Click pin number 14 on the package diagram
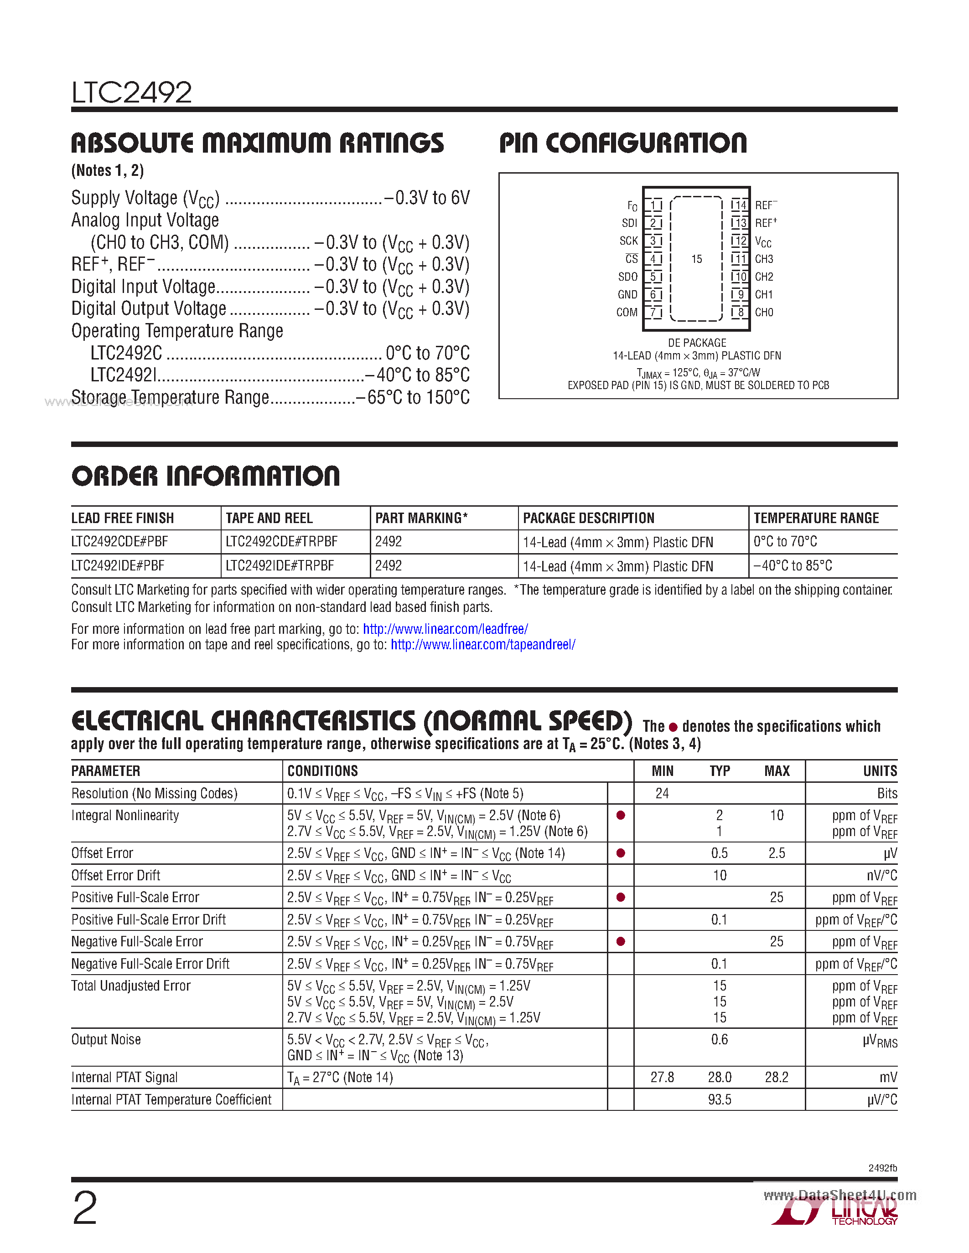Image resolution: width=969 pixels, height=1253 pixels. point(741,205)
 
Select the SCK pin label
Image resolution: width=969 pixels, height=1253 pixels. point(628,241)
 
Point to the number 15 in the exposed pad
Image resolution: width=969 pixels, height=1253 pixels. point(696,259)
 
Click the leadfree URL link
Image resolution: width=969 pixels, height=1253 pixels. point(445,629)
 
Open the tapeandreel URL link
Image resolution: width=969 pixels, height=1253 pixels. point(483,644)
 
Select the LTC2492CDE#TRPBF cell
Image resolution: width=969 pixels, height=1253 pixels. point(281,542)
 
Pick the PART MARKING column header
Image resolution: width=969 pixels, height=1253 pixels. point(421,518)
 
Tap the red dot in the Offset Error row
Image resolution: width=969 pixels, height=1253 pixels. point(620,853)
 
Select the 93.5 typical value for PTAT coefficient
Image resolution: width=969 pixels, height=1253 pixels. point(719,1099)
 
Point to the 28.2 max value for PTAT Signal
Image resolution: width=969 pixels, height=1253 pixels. point(776,1077)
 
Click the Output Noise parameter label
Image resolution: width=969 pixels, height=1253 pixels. point(106,1039)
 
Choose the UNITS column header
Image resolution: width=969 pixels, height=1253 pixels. point(880,771)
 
